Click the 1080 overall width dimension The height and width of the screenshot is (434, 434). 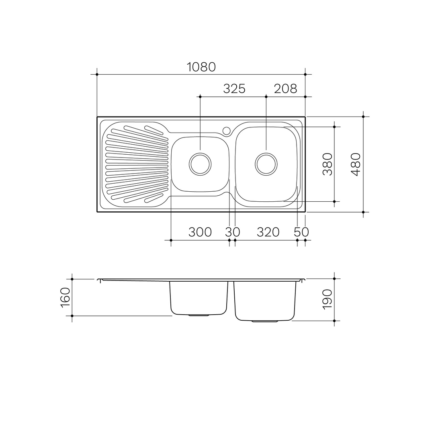click(201, 67)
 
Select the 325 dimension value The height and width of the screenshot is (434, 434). click(234, 88)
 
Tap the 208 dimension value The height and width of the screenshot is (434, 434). click(285, 88)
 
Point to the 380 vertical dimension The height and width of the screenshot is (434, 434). click(328, 164)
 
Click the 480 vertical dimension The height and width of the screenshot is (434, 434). click(356, 164)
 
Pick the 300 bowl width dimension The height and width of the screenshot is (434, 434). click(200, 232)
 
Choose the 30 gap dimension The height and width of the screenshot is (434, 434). click(232, 232)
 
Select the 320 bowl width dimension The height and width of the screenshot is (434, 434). click(268, 232)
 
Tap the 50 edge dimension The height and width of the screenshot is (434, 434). click(301, 232)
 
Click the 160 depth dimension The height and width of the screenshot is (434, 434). click(66, 297)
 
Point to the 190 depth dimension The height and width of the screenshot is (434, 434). click(328, 299)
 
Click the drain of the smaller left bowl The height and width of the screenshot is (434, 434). click(200, 164)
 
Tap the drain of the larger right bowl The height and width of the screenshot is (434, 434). click(266, 164)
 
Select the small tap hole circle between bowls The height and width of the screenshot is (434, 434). click(227, 131)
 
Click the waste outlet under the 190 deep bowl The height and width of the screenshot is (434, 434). click(264, 321)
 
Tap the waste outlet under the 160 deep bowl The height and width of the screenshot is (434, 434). click(199, 315)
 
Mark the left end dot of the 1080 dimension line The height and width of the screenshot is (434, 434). click(97, 74)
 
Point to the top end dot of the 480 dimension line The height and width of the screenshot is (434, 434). click(363, 117)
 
